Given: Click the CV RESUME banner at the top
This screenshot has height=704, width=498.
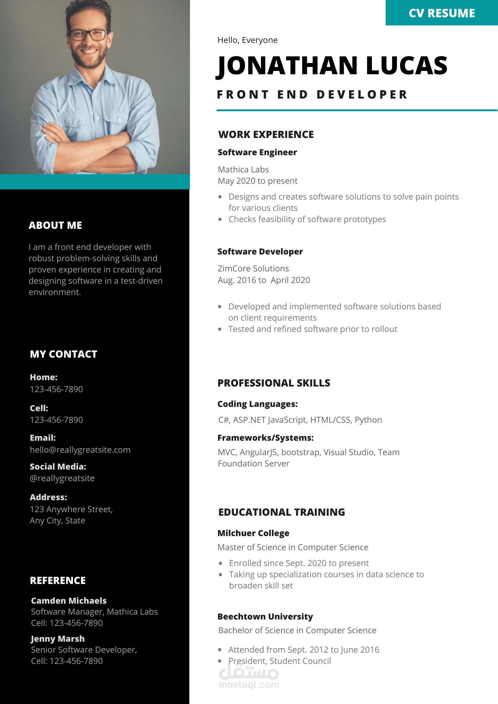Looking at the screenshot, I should (x=442, y=13).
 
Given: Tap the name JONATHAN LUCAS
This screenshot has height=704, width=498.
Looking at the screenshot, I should (x=332, y=66).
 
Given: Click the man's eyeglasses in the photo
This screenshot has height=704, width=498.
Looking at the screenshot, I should (x=88, y=35).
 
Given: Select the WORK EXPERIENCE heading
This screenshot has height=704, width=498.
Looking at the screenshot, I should (x=266, y=134).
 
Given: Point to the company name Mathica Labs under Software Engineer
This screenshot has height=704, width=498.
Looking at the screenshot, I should (x=243, y=170).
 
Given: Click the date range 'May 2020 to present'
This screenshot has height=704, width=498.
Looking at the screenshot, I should (x=257, y=181).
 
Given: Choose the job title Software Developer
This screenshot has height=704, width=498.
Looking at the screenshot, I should (x=260, y=252).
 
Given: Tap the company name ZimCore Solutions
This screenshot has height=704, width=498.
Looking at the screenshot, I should (x=253, y=269).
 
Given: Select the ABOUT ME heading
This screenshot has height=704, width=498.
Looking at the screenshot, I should (x=55, y=225).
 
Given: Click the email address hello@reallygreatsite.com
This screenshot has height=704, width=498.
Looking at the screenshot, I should (x=80, y=450).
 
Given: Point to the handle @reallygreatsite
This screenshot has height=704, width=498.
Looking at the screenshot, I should (x=62, y=478).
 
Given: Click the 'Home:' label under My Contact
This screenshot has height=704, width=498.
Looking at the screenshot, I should (x=44, y=377).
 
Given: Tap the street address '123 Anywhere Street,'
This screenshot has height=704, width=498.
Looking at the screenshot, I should (x=71, y=509).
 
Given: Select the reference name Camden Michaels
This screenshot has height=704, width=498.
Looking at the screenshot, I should (x=69, y=601).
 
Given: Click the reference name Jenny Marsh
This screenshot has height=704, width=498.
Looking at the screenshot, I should (x=58, y=639).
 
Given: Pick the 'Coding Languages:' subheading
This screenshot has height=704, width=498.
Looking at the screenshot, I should (x=257, y=404).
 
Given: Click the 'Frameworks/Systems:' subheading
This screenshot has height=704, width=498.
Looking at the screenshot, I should (x=266, y=438).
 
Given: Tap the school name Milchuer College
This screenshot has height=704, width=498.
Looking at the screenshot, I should (x=253, y=533).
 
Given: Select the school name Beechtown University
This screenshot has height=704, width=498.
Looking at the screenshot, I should (x=265, y=617).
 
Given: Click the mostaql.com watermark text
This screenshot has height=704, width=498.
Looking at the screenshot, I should (x=249, y=685).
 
